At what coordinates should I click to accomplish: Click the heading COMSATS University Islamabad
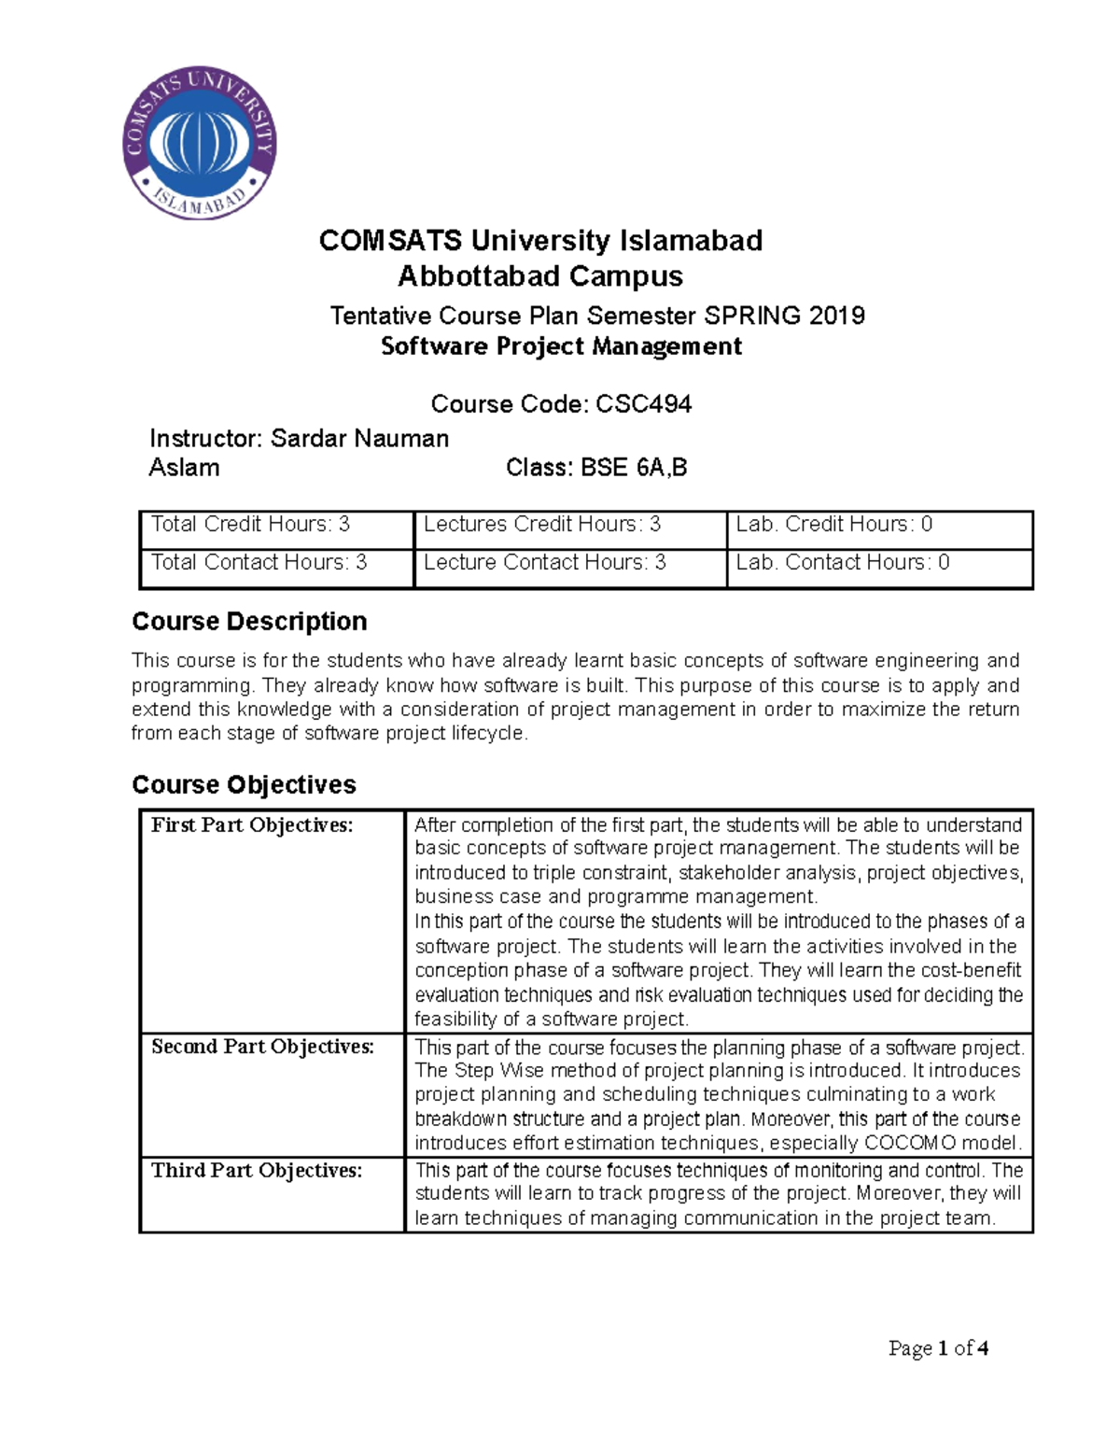(540, 241)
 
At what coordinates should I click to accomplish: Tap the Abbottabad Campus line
(540, 276)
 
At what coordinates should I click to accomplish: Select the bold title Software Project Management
(561, 346)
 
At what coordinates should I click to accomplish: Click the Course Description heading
(249, 622)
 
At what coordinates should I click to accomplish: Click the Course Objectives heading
(244, 784)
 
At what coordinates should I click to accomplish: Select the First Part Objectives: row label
(252, 825)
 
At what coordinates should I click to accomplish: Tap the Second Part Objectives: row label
(262, 1047)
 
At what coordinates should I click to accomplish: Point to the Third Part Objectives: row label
(257, 1171)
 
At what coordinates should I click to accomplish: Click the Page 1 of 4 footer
(938, 1348)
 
